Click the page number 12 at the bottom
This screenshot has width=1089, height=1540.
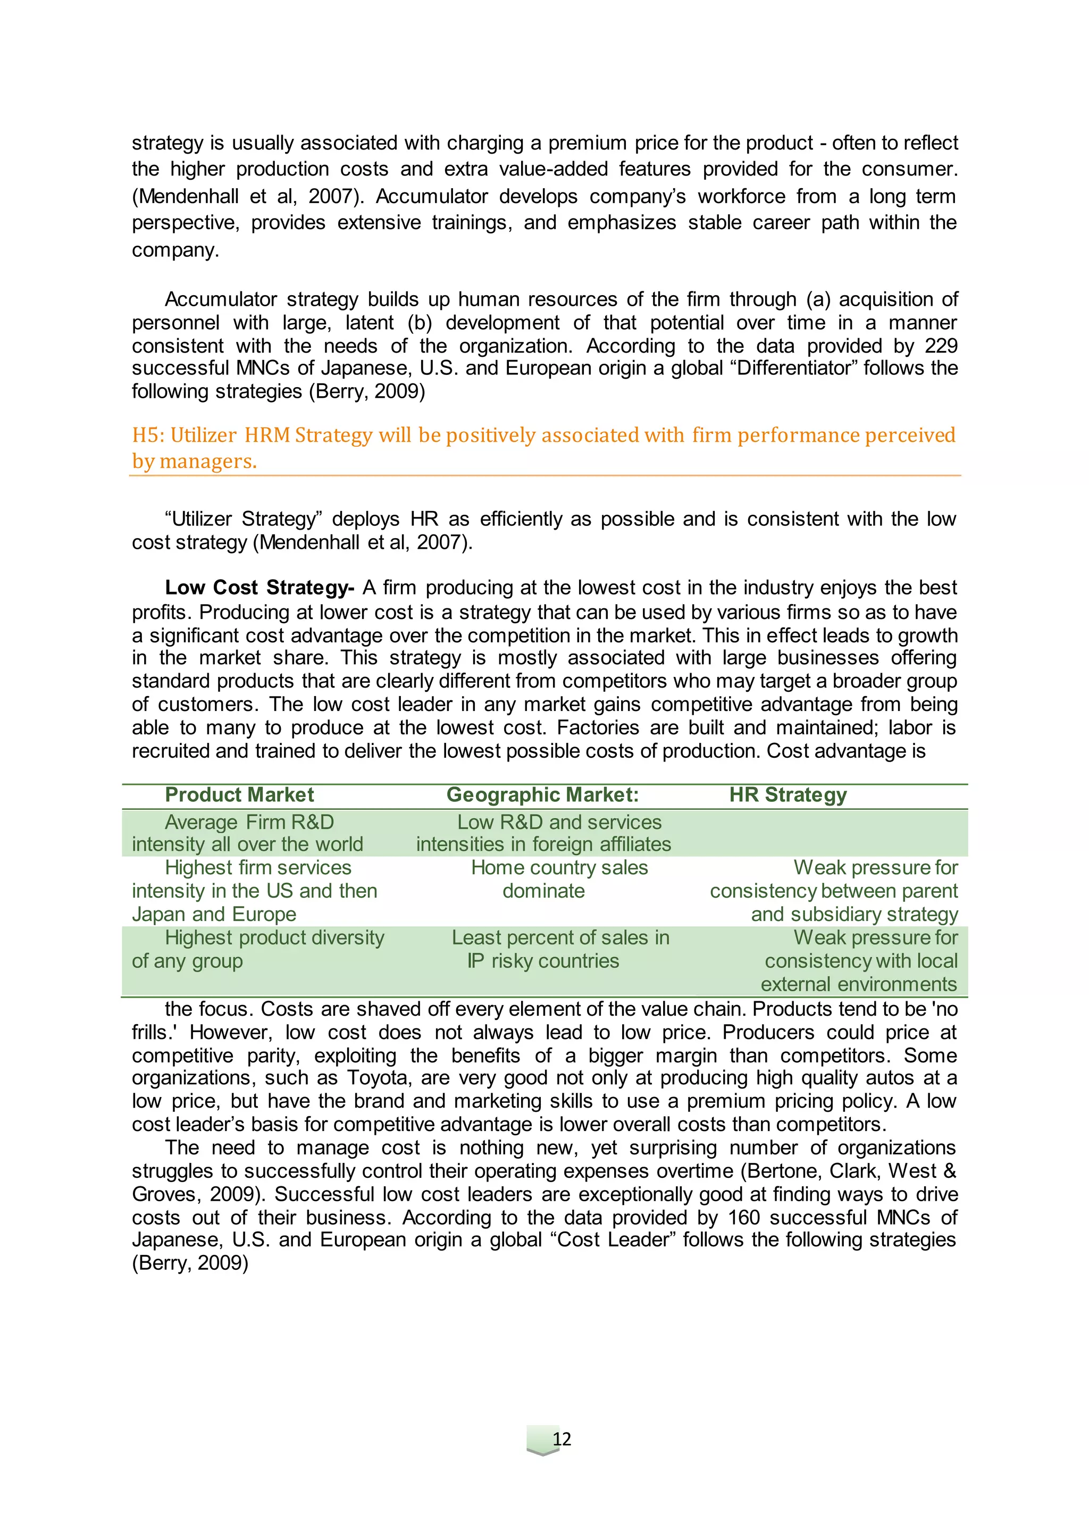click(562, 1439)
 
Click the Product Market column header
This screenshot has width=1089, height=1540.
click(239, 795)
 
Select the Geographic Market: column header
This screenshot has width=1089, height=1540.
click(542, 795)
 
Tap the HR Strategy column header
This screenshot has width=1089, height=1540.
click(788, 795)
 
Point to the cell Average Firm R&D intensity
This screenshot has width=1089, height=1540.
click(248, 833)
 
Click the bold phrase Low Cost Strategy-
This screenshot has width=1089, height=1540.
click(259, 588)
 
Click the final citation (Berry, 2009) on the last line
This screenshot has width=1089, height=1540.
click(190, 1263)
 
